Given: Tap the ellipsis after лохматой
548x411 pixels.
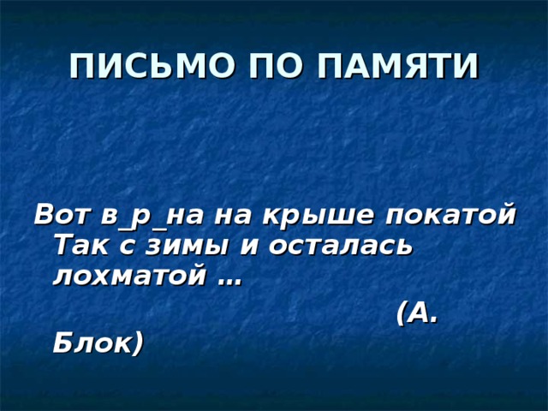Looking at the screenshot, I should click(x=229, y=281).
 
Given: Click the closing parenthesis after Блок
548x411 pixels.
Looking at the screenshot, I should click(x=137, y=344).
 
